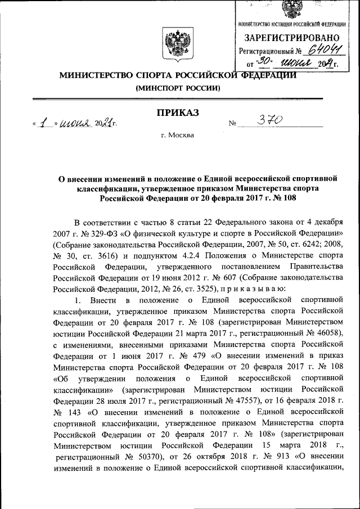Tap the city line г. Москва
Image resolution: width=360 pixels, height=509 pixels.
point(178,136)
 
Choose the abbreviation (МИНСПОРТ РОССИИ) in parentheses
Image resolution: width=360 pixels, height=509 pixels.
point(178,88)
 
